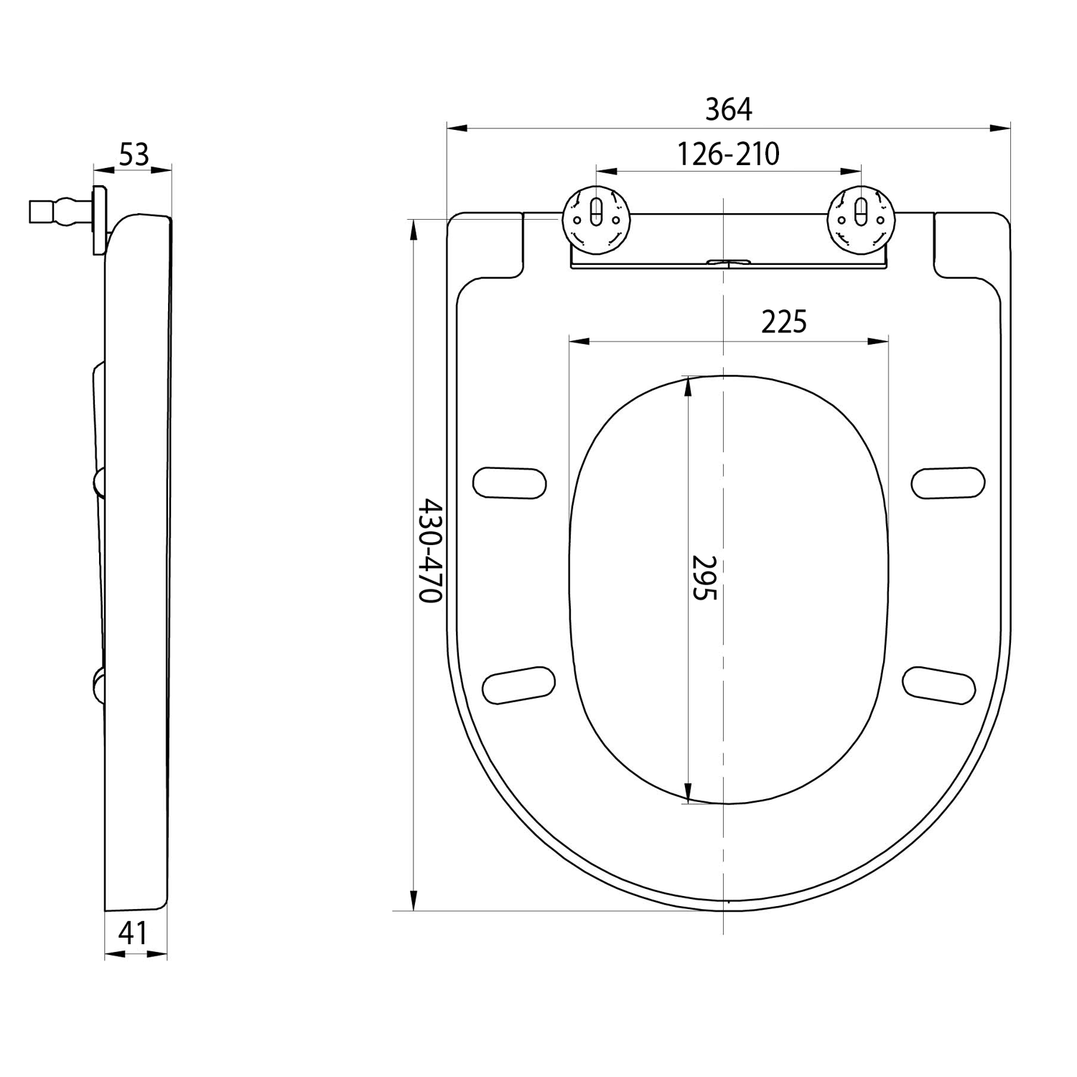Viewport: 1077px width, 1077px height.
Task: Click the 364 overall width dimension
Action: pos(728,109)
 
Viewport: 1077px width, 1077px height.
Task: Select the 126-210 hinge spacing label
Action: pos(729,154)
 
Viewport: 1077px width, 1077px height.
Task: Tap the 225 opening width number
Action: pos(784,322)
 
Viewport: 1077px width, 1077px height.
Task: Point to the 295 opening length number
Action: pos(704,577)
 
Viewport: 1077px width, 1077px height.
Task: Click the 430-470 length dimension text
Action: pos(430,551)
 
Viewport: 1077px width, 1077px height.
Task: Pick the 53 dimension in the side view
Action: pos(134,154)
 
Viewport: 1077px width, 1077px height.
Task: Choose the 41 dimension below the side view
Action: pos(133,933)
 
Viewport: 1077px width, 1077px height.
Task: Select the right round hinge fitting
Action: pos(861,220)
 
